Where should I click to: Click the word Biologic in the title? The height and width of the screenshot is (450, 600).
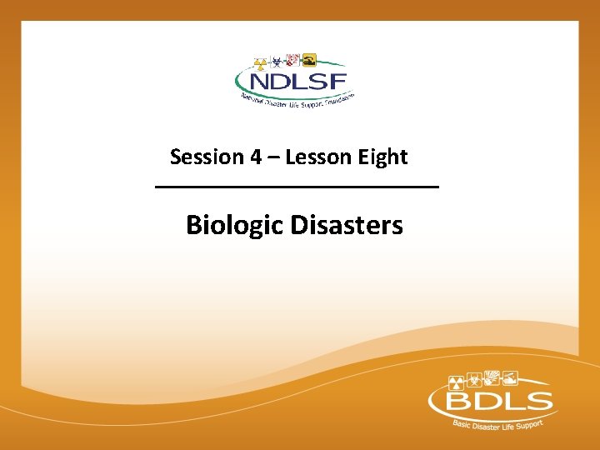[235, 225]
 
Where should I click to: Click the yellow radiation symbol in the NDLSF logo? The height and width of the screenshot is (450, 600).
[260, 62]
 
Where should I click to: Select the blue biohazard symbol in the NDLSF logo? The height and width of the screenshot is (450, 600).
[276, 60]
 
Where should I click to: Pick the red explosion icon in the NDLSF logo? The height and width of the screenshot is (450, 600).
[292, 59]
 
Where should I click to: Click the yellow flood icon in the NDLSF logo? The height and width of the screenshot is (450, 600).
[308, 60]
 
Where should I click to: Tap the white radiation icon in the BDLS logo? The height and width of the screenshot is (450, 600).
[456, 382]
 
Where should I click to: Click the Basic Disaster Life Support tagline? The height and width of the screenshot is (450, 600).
[497, 427]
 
